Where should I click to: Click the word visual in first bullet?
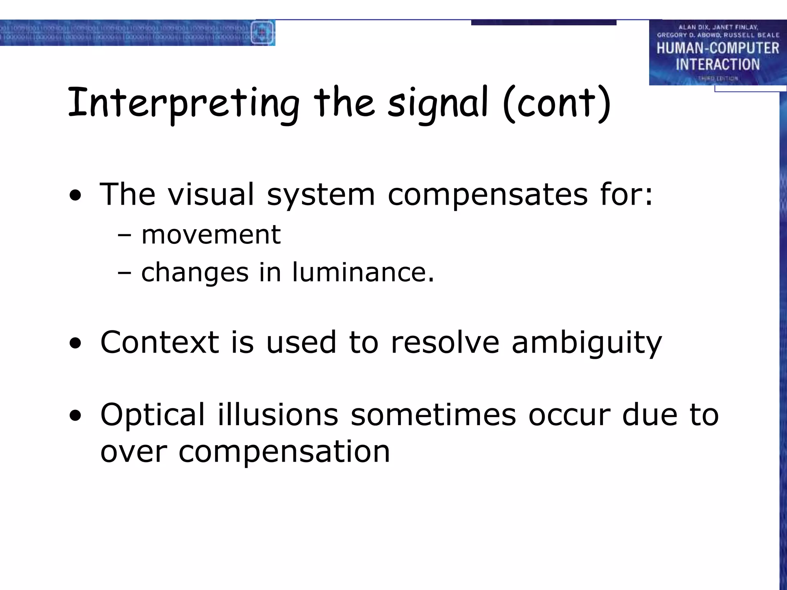[211, 194]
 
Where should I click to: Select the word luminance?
[363, 272]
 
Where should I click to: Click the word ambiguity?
[587, 343]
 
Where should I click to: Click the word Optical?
[153, 415]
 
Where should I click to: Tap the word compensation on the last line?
[284, 452]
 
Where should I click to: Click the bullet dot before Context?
[76, 343]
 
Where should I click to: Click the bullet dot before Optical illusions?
[76, 416]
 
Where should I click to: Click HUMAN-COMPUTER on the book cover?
[717, 48]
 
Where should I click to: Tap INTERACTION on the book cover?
[717, 64]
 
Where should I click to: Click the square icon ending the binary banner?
[262, 33]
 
